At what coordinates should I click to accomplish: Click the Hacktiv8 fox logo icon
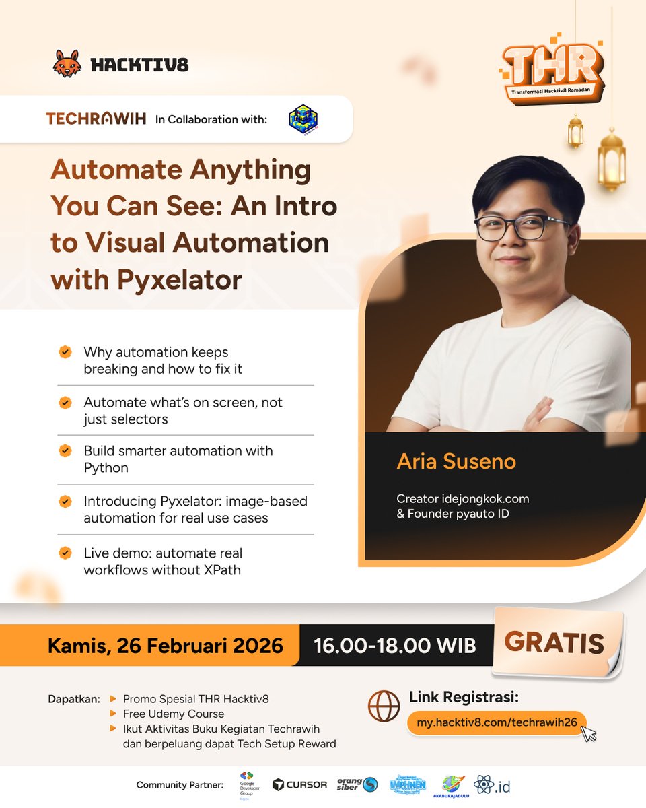click(67, 63)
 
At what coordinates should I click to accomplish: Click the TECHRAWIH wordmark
click(96, 119)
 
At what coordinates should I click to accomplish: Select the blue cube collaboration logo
click(303, 119)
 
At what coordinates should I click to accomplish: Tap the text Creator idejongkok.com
click(463, 499)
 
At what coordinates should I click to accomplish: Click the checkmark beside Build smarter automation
click(65, 451)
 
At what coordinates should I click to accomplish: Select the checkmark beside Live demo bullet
click(65, 553)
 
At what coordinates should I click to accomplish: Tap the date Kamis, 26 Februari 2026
click(165, 646)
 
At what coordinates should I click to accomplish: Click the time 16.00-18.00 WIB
click(395, 646)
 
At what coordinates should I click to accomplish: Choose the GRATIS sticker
click(554, 643)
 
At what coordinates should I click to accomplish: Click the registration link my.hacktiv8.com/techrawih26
click(497, 722)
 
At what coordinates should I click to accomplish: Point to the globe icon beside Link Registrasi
click(384, 706)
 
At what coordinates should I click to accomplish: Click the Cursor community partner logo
click(299, 784)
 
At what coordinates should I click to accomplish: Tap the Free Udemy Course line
click(174, 714)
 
